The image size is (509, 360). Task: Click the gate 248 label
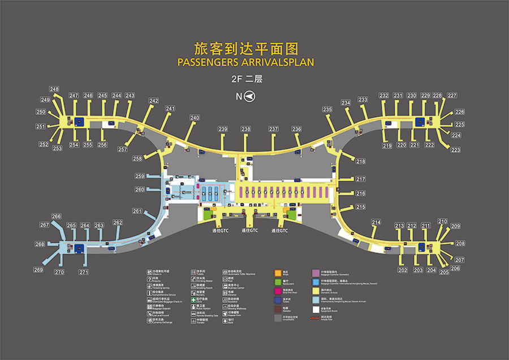tap(54, 89)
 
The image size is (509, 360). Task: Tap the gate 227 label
tap(452, 96)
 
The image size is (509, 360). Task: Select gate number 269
tap(38, 270)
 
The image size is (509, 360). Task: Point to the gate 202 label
tap(403, 270)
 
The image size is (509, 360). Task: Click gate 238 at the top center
tap(245, 130)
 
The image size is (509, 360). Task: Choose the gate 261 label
tap(137, 211)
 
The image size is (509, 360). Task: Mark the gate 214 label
tap(376, 222)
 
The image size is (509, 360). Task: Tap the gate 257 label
tap(123, 149)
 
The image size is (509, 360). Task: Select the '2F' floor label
tap(239, 79)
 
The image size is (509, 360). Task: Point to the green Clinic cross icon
tap(193, 299)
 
